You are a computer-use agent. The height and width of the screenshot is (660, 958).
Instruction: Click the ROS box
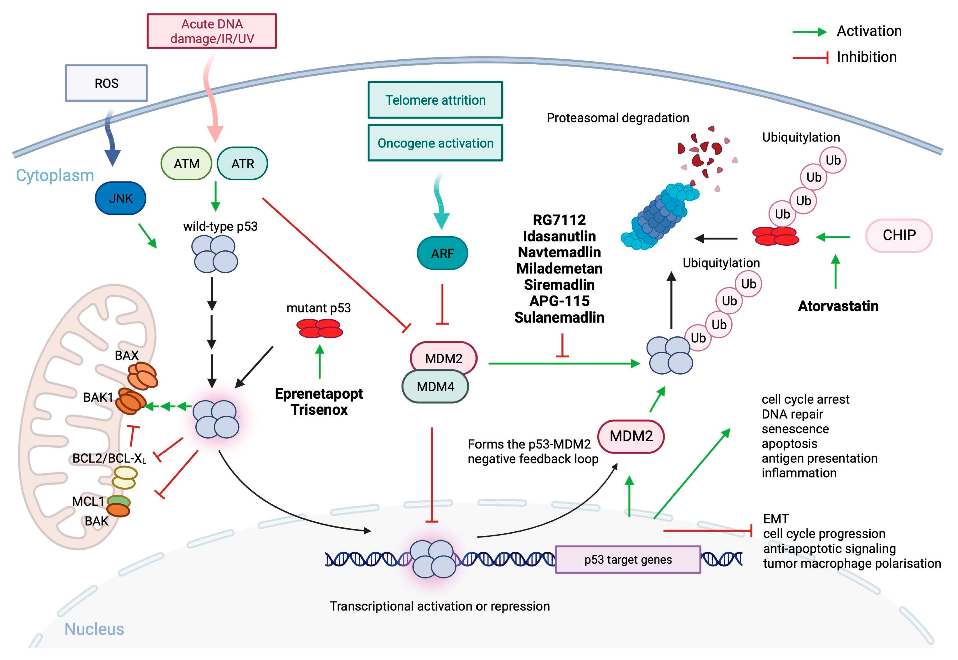[106, 83]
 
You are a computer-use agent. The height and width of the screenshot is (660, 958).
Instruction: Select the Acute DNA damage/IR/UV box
[212, 31]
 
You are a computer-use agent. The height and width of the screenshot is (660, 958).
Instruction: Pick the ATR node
[242, 164]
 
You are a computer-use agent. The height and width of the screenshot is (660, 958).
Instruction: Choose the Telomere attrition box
[435, 100]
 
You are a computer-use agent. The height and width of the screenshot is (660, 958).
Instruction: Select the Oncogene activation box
[435, 143]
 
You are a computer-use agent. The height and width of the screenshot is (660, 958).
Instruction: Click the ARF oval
[442, 253]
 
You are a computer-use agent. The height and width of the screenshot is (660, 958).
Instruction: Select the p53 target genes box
[628, 560]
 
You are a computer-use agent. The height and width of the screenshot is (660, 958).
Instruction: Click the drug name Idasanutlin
[559, 236]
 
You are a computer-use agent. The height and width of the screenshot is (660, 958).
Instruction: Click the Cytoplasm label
[55, 175]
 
